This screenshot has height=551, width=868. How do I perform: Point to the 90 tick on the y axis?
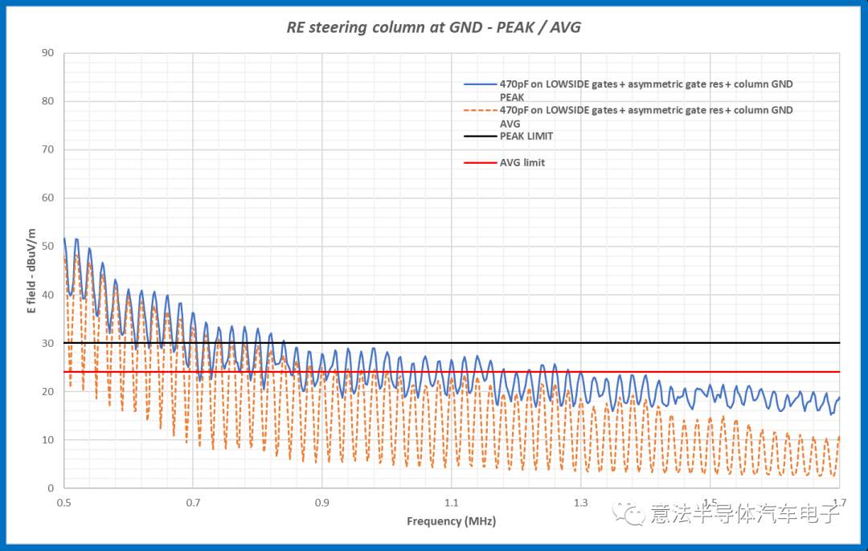pos(48,53)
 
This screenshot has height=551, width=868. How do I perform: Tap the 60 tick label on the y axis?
pos(48,198)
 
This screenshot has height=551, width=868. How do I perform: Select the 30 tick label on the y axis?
pos(48,343)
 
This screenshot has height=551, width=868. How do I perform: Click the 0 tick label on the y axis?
pos(51,488)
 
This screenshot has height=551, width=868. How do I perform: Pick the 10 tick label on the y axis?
pos(48,440)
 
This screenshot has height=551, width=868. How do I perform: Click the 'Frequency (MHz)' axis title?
pos(451,521)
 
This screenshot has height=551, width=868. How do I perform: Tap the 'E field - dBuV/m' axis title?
pos(32,271)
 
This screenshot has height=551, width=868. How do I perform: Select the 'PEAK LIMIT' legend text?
pos(526,137)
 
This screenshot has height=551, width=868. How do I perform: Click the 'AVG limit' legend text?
pos(522,162)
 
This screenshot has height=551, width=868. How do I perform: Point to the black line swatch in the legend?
pos(480,137)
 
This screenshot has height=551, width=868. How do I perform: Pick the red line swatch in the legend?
pos(480,163)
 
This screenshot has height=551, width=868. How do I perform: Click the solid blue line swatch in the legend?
pos(480,84)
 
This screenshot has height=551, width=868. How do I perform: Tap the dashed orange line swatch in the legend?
pos(480,111)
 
